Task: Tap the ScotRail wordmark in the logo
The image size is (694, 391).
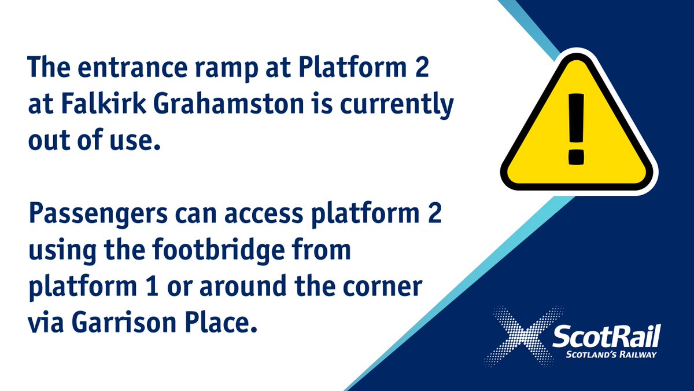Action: click(606, 338)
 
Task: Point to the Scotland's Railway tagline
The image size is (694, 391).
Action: click(606, 355)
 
